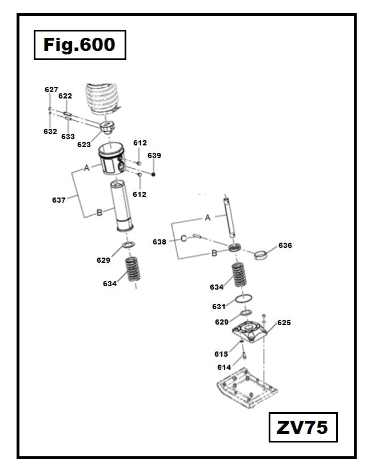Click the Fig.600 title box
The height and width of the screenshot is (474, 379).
[x=79, y=45]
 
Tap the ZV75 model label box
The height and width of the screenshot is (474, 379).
[x=303, y=427]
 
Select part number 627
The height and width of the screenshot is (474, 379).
[x=51, y=90]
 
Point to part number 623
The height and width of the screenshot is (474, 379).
[x=84, y=145]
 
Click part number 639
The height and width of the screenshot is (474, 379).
[x=154, y=156]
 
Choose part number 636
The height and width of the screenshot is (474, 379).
[x=285, y=245]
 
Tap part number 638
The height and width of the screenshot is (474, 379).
[x=159, y=242]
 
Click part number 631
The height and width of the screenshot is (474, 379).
[x=219, y=307]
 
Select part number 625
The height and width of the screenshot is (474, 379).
[x=284, y=323]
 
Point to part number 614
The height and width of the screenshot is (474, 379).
[x=224, y=368]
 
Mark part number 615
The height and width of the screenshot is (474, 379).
[x=221, y=354]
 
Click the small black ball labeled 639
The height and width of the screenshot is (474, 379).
[x=154, y=173]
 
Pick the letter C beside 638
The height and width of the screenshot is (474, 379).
[x=184, y=238]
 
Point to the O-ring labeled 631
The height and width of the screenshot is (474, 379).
[x=245, y=300]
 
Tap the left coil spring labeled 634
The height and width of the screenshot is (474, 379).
[x=134, y=270]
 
